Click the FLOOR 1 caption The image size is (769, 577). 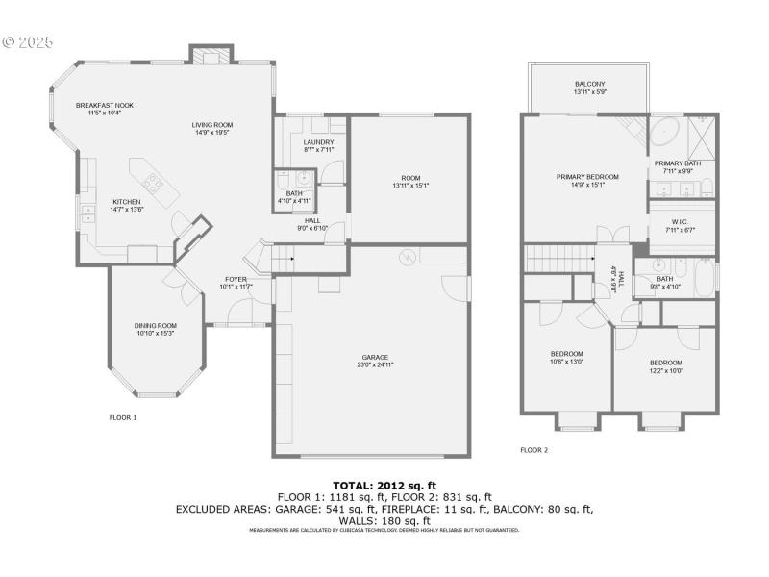tap(123, 417)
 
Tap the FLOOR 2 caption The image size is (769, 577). tap(533, 449)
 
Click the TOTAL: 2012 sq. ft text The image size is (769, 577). tap(384, 486)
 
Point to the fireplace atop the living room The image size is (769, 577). tap(210, 56)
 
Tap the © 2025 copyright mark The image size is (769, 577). tap(29, 42)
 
